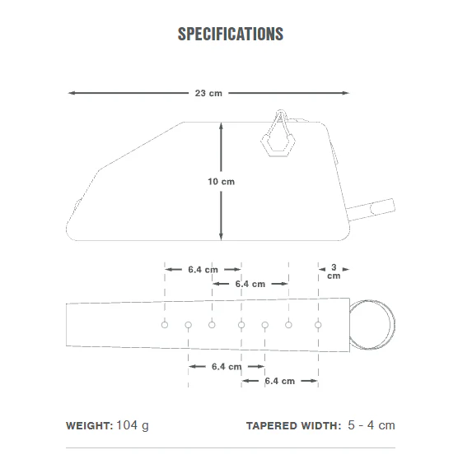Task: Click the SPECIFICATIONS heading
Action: click(x=231, y=34)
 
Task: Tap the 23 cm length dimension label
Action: click(x=208, y=93)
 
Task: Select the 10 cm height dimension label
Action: click(x=221, y=182)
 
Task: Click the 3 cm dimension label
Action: click(x=334, y=271)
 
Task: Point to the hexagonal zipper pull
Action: click(x=278, y=145)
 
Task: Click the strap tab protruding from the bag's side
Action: click(x=371, y=209)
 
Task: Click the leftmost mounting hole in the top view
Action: click(x=165, y=325)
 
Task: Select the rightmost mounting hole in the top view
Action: click(x=318, y=325)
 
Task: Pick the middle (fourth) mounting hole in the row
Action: click(x=241, y=325)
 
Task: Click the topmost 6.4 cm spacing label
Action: click(x=203, y=270)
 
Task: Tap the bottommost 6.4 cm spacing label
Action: click(x=280, y=381)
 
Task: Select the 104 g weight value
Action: click(x=133, y=425)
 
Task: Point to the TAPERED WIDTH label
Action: click(x=294, y=425)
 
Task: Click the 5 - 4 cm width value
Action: click(x=372, y=425)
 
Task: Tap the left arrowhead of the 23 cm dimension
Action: click(x=72, y=93)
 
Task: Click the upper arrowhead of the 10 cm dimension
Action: click(x=221, y=127)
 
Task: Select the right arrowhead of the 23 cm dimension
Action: click(x=345, y=93)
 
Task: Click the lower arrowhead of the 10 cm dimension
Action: click(x=221, y=237)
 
